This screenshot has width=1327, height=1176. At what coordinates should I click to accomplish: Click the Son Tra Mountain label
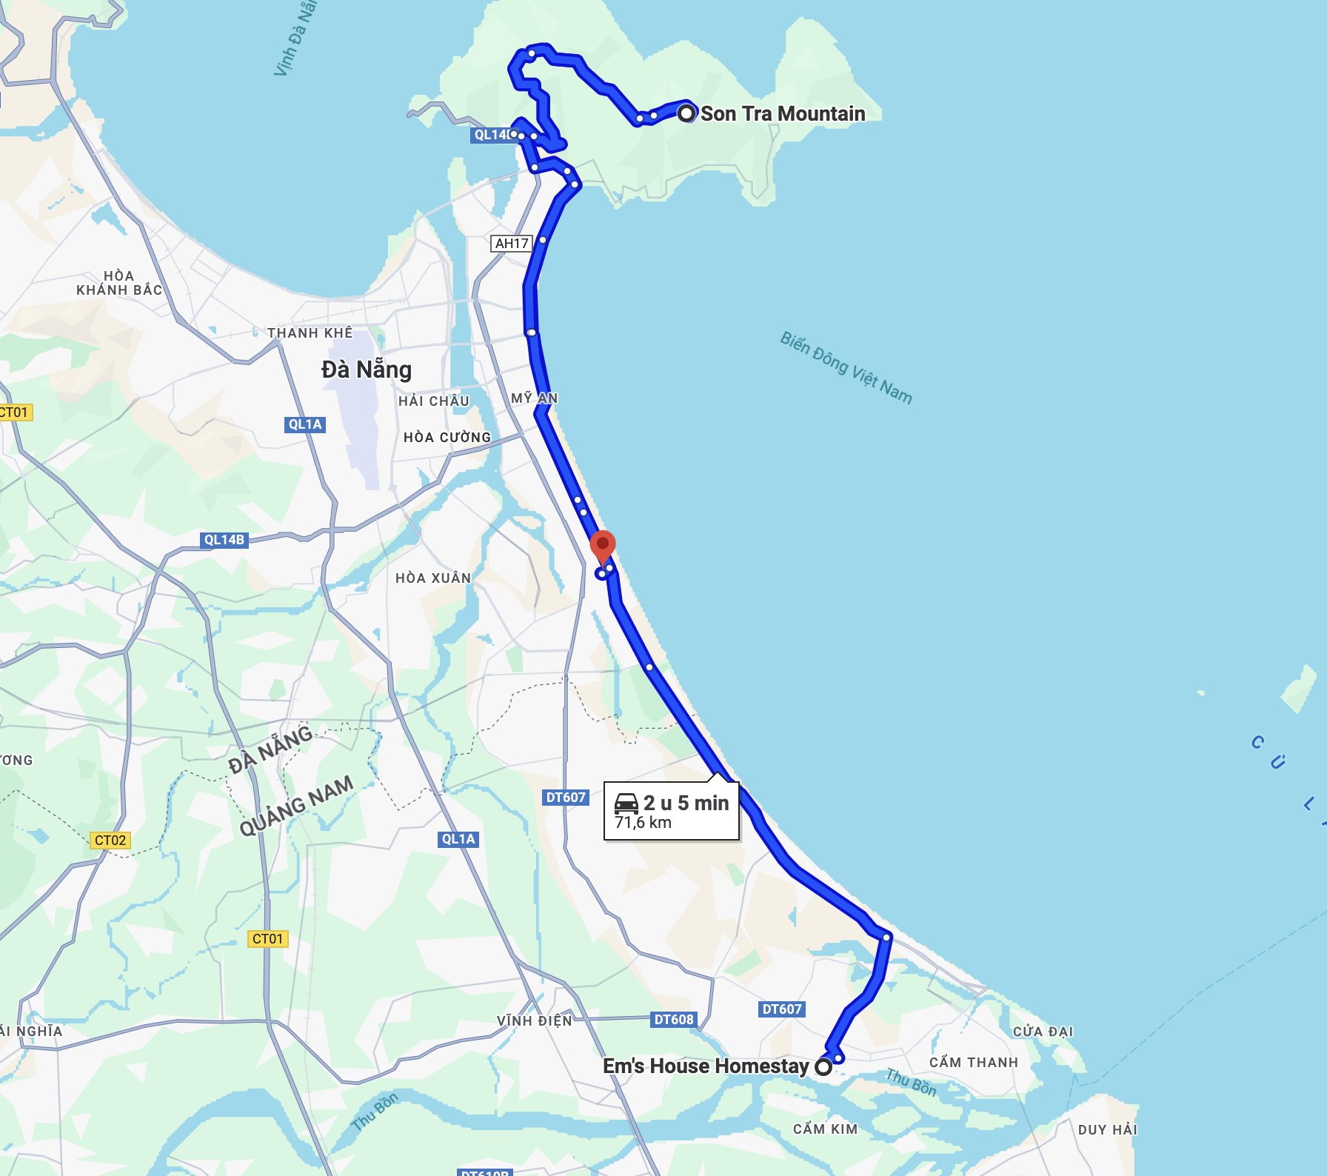pyautogui.click(x=783, y=113)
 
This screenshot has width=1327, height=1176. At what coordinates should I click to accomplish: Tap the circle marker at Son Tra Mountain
pyautogui.click(x=686, y=113)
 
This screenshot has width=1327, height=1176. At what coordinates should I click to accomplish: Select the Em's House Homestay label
pyautogui.click(x=706, y=1066)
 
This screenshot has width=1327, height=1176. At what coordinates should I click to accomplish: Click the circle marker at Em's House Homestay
pyautogui.click(x=823, y=1066)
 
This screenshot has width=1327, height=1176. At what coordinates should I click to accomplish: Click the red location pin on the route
pyautogui.click(x=603, y=547)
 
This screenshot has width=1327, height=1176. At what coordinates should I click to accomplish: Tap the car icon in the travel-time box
pyautogui.click(x=626, y=804)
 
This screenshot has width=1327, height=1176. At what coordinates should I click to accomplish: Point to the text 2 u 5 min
pyautogui.click(x=686, y=803)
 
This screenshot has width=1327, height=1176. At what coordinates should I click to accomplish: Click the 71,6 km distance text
pyautogui.click(x=643, y=822)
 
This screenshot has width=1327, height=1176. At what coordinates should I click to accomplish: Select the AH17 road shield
pyautogui.click(x=512, y=243)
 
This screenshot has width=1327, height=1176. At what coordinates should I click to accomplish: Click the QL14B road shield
pyautogui.click(x=224, y=540)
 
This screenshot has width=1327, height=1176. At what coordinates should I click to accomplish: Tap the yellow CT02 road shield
pyautogui.click(x=110, y=840)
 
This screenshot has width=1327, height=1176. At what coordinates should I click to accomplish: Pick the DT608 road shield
pyautogui.click(x=674, y=1019)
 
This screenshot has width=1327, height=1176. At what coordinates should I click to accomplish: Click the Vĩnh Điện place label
pyautogui.click(x=535, y=1020)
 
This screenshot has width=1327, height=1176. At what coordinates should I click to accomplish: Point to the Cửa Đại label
pyautogui.click(x=1043, y=1031)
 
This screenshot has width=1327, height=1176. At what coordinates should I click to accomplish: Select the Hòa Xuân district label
pyautogui.click(x=433, y=578)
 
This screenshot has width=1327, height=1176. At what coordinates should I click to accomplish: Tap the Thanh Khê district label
pyautogui.click(x=310, y=333)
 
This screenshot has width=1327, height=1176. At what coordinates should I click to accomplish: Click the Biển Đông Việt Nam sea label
pyautogui.click(x=846, y=367)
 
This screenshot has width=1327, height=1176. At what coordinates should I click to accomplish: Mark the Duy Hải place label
pyautogui.click(x=1107, y=1129)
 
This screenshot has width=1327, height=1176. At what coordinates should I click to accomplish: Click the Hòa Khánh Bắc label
pyautogui.click(x=119, y=283)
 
